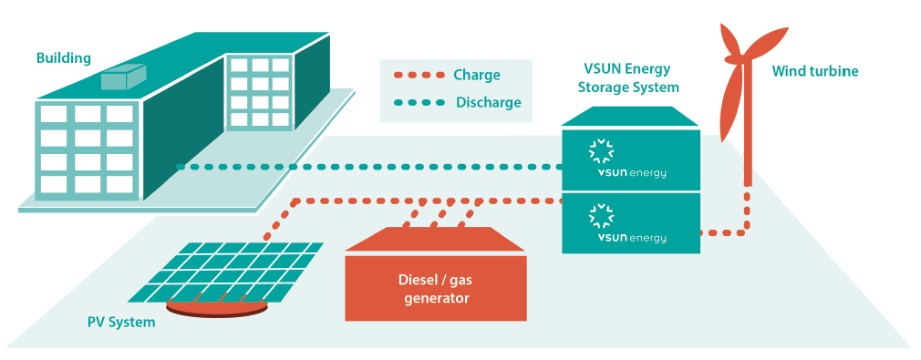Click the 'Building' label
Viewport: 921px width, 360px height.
[64, 58]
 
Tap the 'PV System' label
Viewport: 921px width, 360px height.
[121, 322]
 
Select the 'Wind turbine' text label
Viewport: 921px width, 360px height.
[815, 72]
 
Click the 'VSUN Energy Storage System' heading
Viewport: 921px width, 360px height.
[630, 79]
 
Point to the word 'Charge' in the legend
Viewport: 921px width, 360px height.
[477, 75]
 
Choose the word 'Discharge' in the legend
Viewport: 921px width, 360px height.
[488, 103]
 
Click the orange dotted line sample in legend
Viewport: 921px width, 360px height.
[417, 75]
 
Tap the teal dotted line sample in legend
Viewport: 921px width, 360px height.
[417, 103]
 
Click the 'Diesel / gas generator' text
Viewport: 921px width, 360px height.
[436, 287]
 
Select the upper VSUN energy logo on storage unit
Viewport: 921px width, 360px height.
[630, 159]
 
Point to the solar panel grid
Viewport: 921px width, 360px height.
[228, 271]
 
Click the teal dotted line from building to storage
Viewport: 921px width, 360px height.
[365, 167]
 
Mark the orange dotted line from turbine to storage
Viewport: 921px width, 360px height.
[739, 231]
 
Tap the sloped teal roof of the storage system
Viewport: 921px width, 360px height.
[630, 118]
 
